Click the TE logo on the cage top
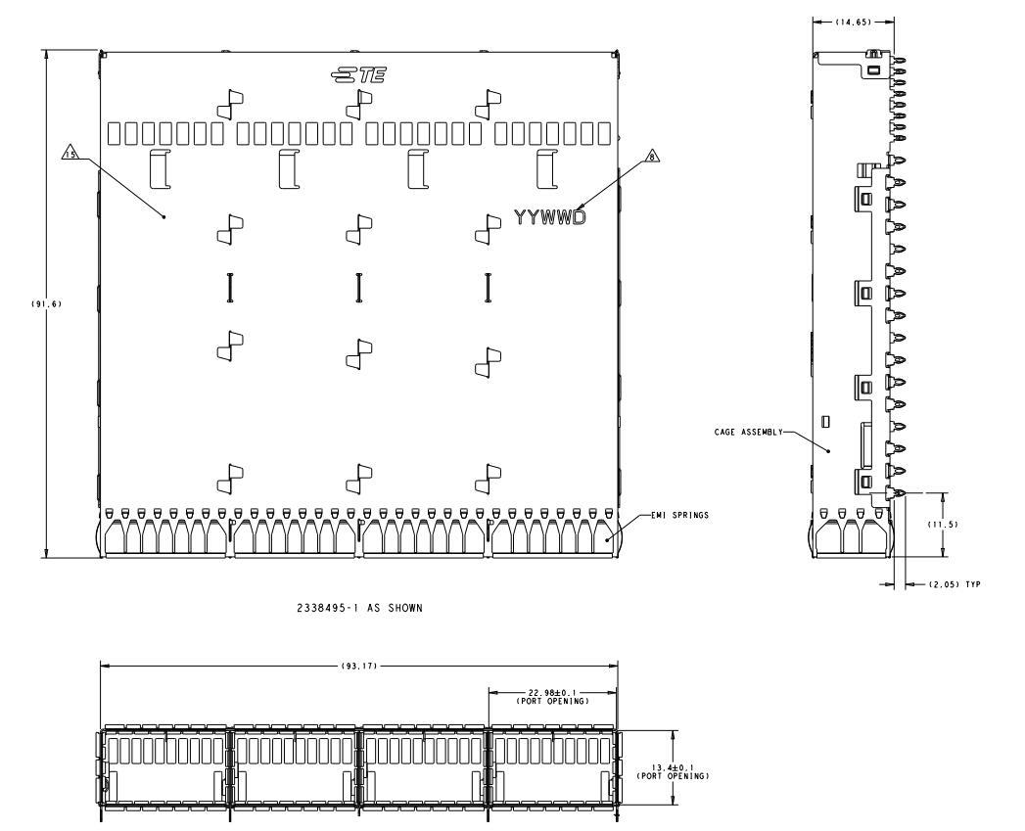(358, 75)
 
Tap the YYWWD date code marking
(550, 217)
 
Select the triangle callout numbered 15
(70, 155)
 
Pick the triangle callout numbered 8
(651, 157)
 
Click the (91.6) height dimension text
(46, 304)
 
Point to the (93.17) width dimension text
(359, 667)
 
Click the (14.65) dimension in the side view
(853, 23)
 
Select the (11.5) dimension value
(944, 525)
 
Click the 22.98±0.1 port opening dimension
(553, 696)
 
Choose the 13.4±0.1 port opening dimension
(673, 771)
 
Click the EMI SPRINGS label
(679, 515)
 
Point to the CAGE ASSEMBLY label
(749, 433)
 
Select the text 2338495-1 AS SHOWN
(359, 608)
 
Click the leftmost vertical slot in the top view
(229, 288)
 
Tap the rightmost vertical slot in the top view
(488, 288)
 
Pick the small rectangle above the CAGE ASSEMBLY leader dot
(825, 421)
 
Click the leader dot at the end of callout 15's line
(164, 216)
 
